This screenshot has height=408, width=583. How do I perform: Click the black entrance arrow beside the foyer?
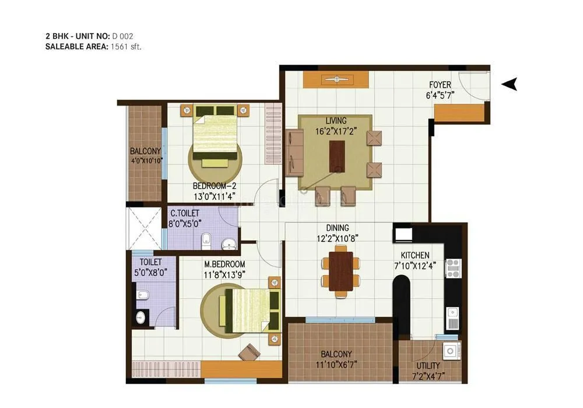pyautogui.click(x=510, y=85)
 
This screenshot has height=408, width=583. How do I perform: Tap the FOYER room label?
pyautogui.click(x=440, y=85)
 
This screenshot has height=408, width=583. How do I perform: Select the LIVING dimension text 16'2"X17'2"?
pyautogui.click(x=335, y=131)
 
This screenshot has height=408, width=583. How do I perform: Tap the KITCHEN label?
pyautogui.click(x=415, y=255)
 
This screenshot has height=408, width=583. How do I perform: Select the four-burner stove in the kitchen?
pyautogui.click(x=454, y=269)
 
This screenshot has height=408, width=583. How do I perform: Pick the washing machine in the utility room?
pyautogui.click(x=449, y=351)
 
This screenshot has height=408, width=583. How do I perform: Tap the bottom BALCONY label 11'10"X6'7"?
pyautogui.click(x=336, y=365)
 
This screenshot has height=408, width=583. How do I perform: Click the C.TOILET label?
pyautogui.click(x=185, y=213)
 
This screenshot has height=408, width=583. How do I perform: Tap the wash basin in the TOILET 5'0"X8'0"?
pyautogui.click(x=140, y=317)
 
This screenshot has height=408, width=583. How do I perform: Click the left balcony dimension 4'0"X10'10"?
pyautogui.click(x=145, y=160)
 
